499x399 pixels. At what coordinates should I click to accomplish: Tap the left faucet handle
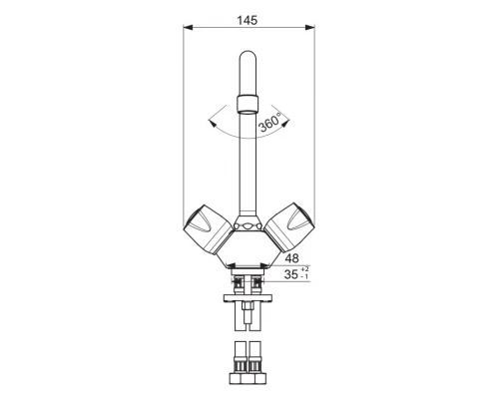click(207, 225)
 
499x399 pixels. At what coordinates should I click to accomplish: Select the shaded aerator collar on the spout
click(249, 101)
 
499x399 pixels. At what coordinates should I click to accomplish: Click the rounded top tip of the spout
click(248, 57)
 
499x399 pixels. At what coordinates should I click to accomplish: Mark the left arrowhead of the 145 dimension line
click(190, 29)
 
